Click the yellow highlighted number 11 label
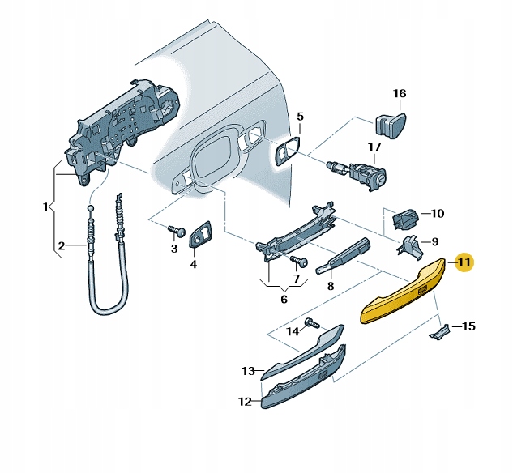pos(464,262)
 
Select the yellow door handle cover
pos(404,292)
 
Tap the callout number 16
pos(400,93)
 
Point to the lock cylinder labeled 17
pos(360,173)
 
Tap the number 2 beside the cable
pos(61,246)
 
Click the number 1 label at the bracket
pos(45,207)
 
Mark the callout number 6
pos(284,299)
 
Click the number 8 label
pos(331,286)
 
